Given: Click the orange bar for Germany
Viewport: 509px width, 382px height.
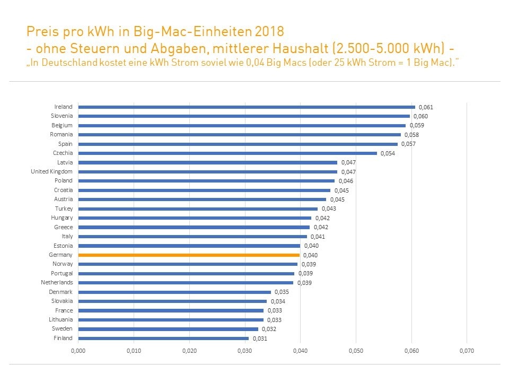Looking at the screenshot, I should (x=189, y=255).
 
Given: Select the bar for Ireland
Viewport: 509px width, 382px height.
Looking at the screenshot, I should (x=247, y=107).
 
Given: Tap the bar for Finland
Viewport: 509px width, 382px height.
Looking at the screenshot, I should (x=163, y=338).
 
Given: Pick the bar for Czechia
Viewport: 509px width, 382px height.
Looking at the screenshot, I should (x=227, y=153).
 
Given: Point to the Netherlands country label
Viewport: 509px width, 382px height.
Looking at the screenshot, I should (x=57, y=283).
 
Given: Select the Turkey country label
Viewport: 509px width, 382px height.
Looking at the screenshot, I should (x=64, y=209).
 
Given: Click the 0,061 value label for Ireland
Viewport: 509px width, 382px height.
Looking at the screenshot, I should (x=426, y=107).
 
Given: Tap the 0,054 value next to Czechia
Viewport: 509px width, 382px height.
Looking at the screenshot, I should (x=388, y=153).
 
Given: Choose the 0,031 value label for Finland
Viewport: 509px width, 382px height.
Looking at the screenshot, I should (x=259, y=338).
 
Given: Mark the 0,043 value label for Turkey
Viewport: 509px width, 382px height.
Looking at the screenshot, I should (x=328, y=209).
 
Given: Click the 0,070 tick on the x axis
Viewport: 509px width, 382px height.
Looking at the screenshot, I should (x=466, y=351).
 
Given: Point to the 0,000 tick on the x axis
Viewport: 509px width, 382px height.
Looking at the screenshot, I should (x=78, y=351).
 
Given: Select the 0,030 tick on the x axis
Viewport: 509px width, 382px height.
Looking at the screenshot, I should (x=244, y=351).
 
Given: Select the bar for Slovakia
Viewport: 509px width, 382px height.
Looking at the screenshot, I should (x=172, y=301).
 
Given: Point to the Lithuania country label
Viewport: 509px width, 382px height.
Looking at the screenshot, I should (x=60, y=320).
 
